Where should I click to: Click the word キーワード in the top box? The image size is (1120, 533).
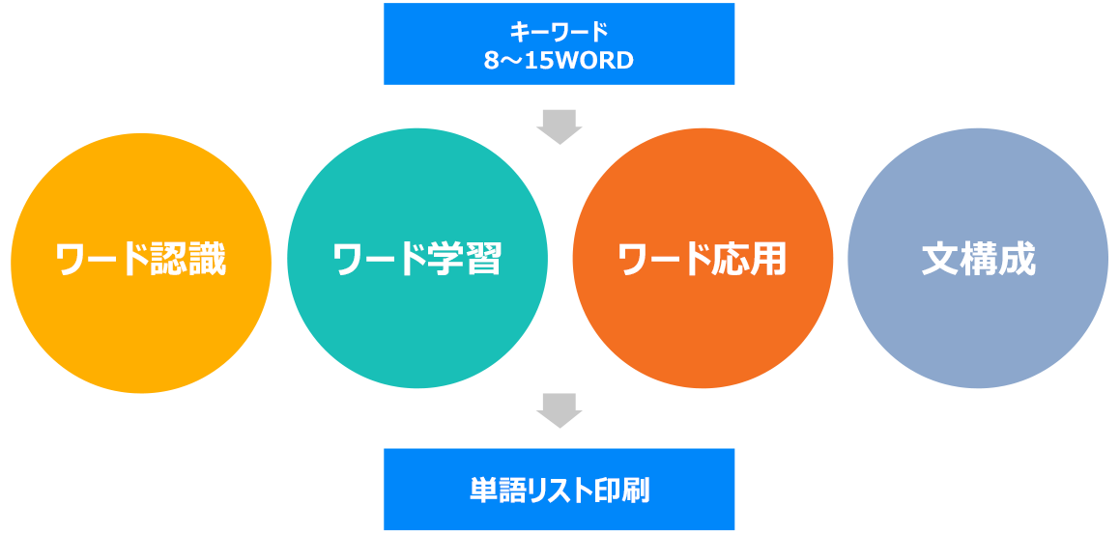(559, 32)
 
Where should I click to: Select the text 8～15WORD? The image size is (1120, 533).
(559, 61)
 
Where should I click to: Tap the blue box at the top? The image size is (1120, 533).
(559, 43)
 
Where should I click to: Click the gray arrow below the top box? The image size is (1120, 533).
(560, 127)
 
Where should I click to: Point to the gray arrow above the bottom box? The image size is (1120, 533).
(560, 410)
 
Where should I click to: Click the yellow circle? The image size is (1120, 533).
(141, 264)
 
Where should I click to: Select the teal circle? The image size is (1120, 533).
(417, 259)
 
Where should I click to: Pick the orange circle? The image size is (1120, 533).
(703, 259)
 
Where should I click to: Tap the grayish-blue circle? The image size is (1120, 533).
(978, 259)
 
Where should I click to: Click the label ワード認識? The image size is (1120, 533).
(141, 261)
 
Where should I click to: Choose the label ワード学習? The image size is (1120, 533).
(417, 261)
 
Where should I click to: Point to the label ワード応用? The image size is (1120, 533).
(703, 261)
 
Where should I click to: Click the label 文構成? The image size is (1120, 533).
(978, 261)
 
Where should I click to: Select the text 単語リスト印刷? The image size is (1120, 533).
(560, 491)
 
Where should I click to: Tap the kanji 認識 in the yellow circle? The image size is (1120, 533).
(189, 261)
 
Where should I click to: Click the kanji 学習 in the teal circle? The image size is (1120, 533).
(465, 261)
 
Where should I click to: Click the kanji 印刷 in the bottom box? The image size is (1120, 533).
(624, 491)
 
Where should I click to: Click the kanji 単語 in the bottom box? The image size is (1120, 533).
(494, 491)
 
